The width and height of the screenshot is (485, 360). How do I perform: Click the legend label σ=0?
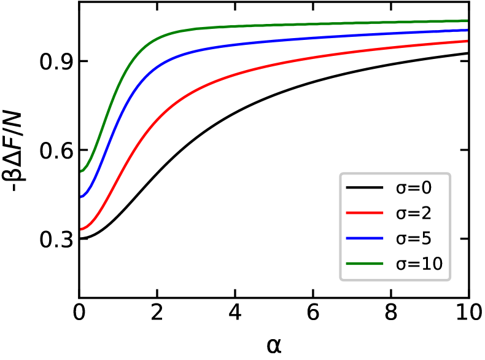coord(414,188)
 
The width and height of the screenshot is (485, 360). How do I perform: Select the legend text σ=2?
coord(414,213)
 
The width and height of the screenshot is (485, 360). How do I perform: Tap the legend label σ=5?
coord(414,238)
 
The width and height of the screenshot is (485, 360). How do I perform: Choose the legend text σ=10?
coord(419,264)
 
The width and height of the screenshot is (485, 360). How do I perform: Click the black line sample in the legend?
coord(365,187)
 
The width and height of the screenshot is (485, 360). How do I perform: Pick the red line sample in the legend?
coord(365,213)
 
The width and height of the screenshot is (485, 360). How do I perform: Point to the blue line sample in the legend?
coord(365,238)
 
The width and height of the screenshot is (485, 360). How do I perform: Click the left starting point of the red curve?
coord(81,229)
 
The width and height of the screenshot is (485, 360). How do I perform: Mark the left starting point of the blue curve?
coord(81,197)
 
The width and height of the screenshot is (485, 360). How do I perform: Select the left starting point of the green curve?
coord(81,171)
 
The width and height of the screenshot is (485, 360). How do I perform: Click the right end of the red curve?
coord(467,41)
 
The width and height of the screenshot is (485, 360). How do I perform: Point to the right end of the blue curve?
coord(467,29)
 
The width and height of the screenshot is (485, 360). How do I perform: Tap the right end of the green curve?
coord(467,20)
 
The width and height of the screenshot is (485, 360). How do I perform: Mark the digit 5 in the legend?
coord(426,238)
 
